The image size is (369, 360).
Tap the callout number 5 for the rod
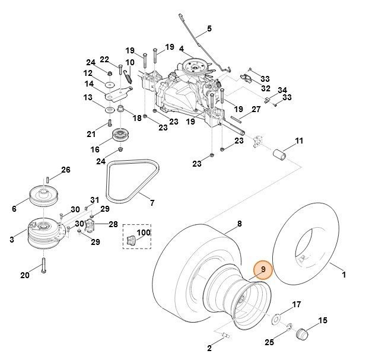click(x=209, y=28)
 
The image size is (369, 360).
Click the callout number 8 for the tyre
click(x=240, y=224)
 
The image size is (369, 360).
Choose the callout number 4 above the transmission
click(x=182, y=48)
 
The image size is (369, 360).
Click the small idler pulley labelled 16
click(x=123, y=137)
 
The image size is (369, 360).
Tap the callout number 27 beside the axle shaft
click(x=256, y=109)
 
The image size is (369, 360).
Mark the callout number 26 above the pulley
click(x=65, y=170)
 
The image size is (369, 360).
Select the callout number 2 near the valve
click(x=210, y=348)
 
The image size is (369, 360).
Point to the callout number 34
click(x=282, y=90)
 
